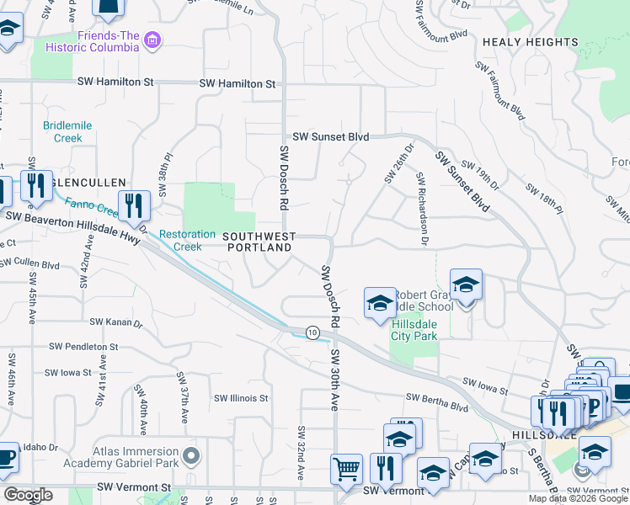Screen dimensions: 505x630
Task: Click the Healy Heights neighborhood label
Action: coord(530,41)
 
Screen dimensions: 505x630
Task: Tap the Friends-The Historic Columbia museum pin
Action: coord(152,40)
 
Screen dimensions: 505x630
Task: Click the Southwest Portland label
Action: coord(258,242)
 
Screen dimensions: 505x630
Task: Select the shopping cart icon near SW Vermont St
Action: coord(346,469)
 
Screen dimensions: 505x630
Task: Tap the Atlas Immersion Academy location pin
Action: coord(191,455)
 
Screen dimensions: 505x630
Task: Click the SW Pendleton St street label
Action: coord(83,346)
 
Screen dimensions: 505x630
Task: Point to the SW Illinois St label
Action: coord(241,398)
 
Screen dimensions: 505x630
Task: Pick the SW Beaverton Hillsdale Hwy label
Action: coord(72,217)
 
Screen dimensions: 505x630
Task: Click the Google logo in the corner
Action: coord(28,495)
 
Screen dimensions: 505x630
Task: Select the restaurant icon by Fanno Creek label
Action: coord(134,205)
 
